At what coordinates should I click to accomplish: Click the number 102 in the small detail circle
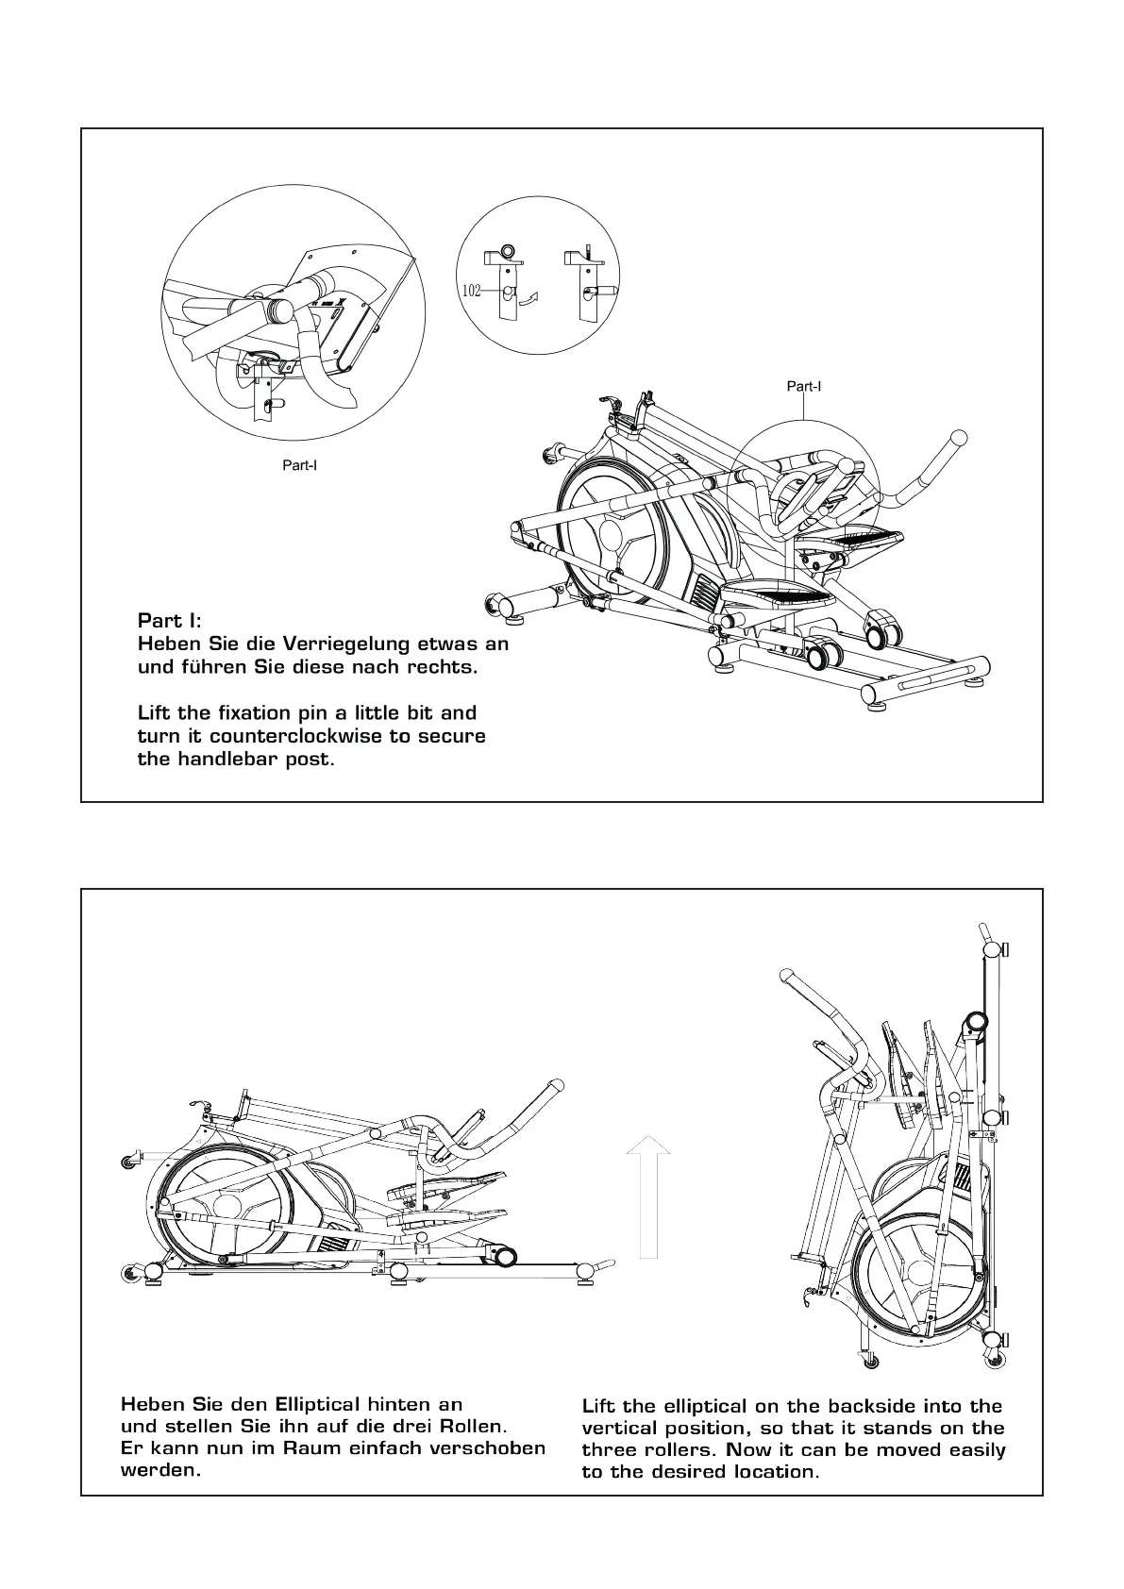click(x=472, y=291)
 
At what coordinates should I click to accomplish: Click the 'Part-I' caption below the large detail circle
click(x=300, y=465)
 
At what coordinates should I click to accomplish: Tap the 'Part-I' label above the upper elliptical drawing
click(x=804, y=386)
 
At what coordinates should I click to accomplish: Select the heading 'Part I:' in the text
click(x=169, y=621)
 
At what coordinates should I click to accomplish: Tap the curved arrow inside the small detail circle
click(x=531, y=299)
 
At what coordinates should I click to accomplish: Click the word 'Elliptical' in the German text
click(x=317, y=1403)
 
